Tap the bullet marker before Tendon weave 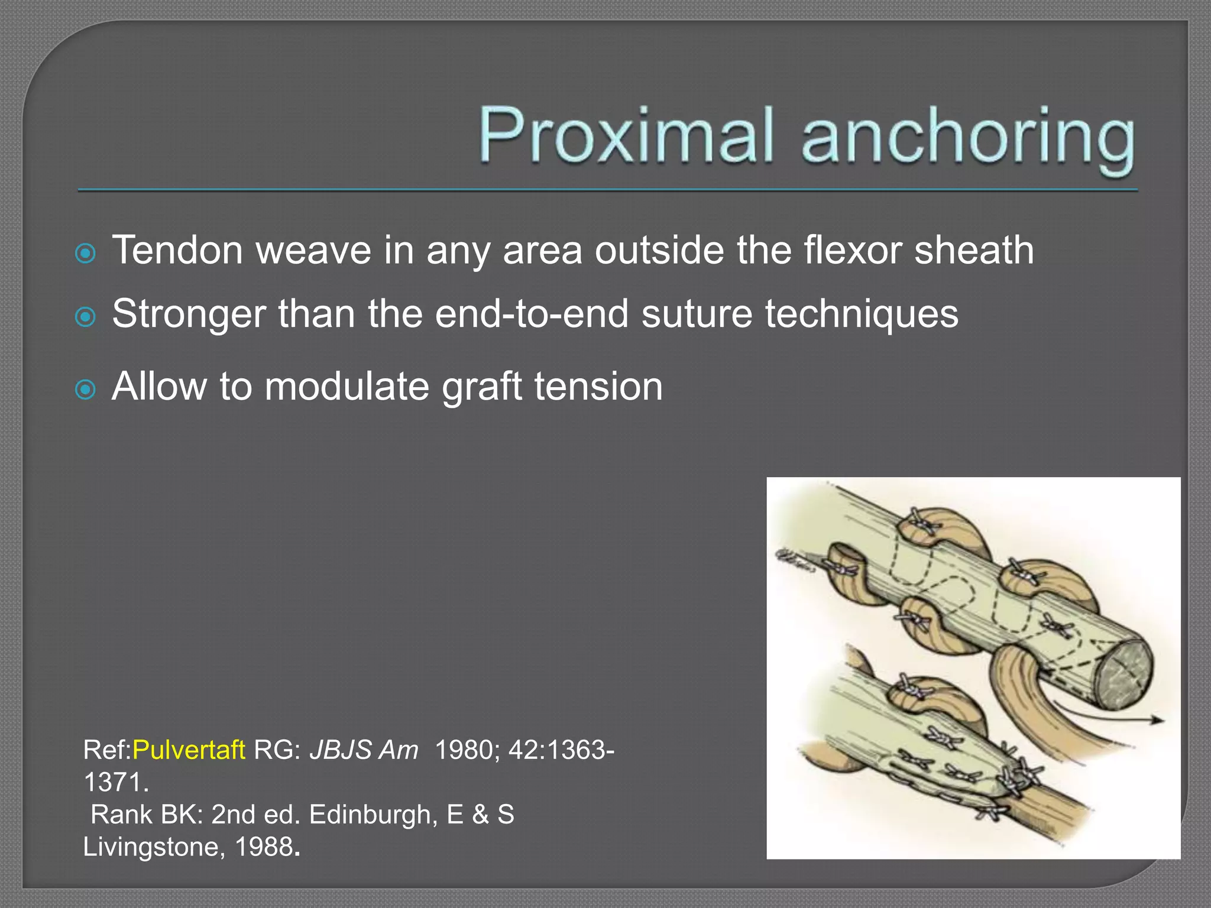point(86,254)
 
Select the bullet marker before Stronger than point(86,317)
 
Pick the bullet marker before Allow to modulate point(86,390)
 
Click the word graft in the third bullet point(481,388)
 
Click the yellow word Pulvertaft point(189,750)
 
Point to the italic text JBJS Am point(364,750)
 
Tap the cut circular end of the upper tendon point(1122,674)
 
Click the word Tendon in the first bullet point(177,250)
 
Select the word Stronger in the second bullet point(189,314)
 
